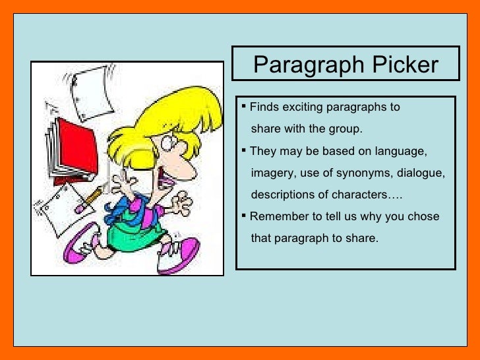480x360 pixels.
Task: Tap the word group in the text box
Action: click(x=345, y=129)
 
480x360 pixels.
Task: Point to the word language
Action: click(x=400, y=151)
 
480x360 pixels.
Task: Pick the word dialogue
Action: click(x=422, y=173)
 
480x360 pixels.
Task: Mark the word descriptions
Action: click(x=284, y=195)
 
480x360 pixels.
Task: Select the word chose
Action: click(x=423, y=216)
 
